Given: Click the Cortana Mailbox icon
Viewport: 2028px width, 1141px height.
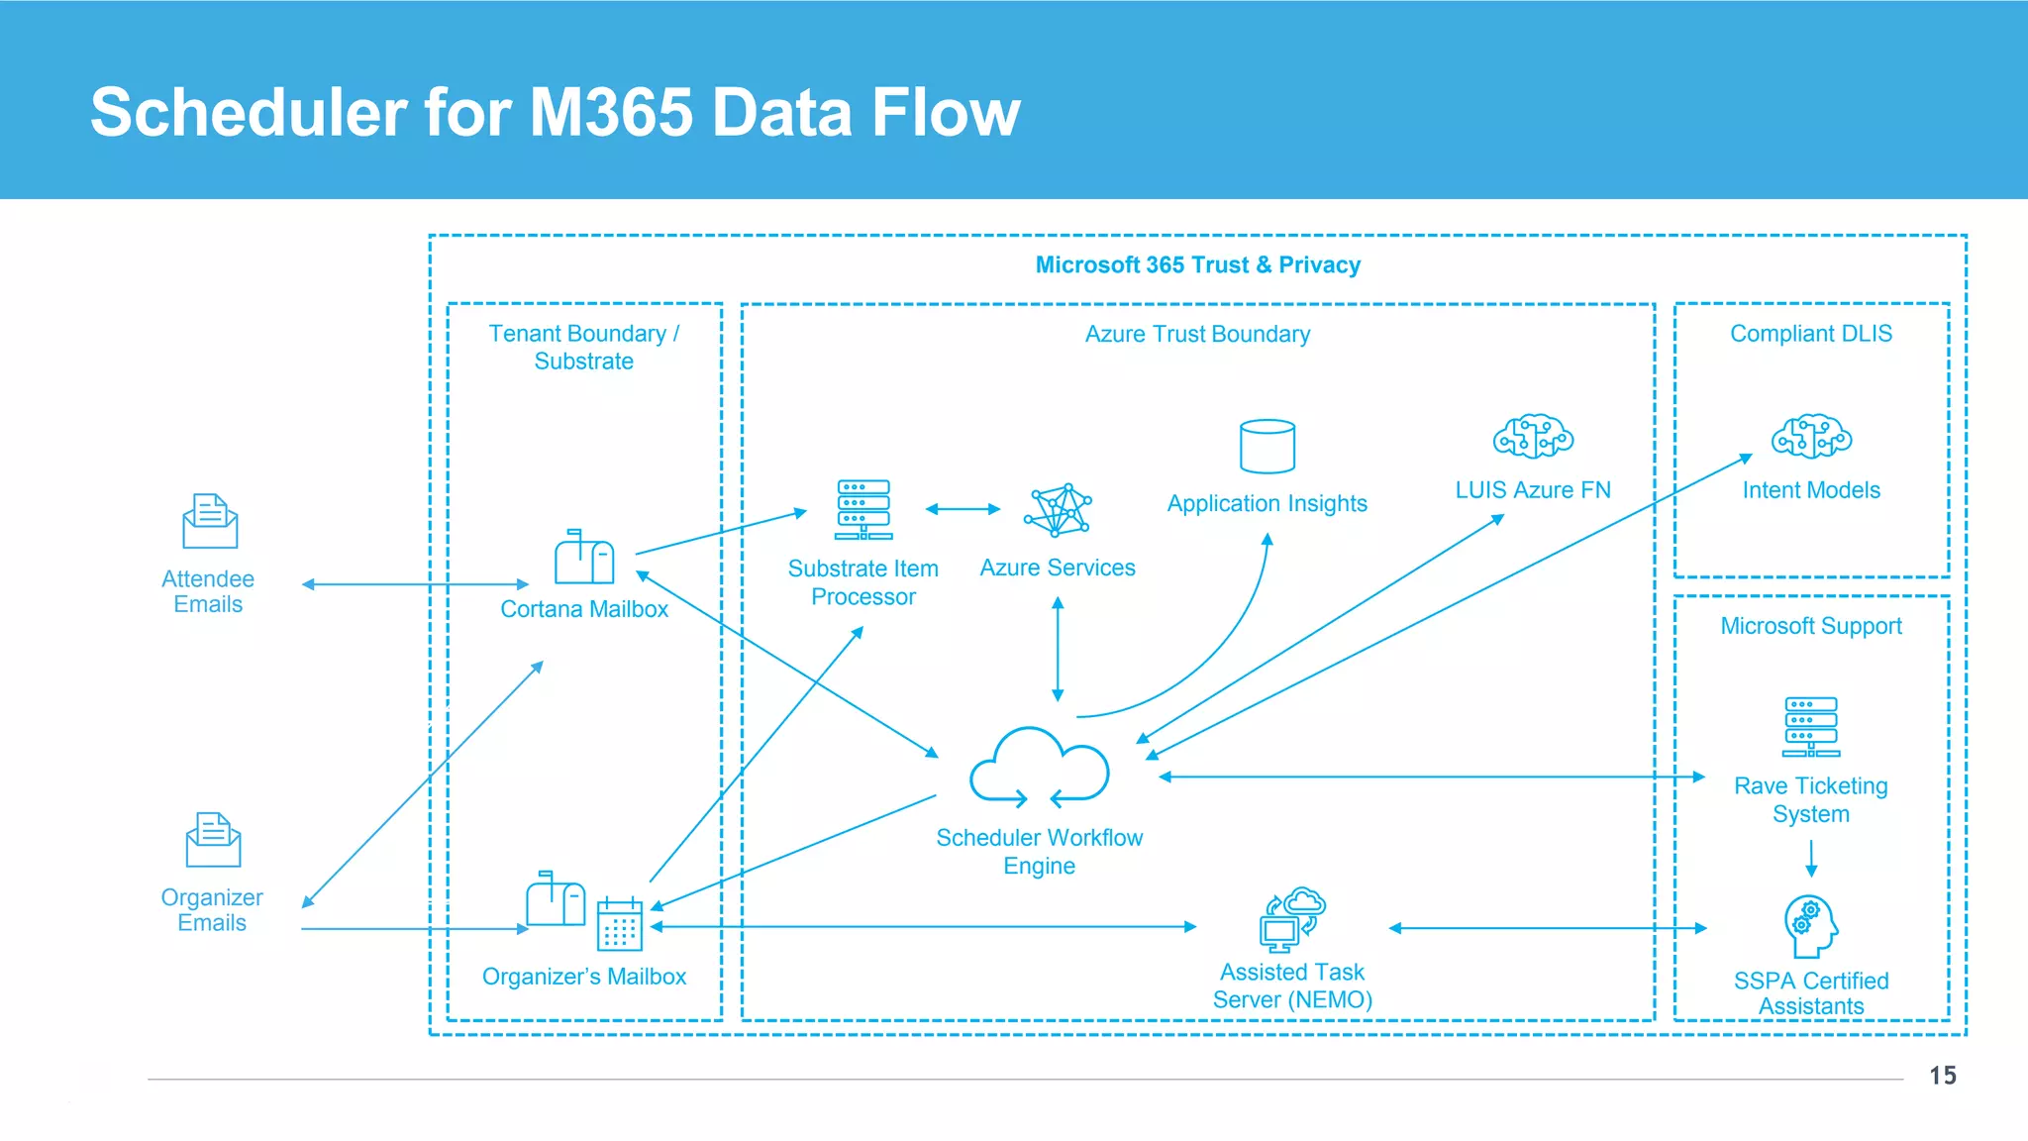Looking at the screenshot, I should pos(584,557).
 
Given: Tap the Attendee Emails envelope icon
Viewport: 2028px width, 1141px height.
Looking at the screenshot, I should pos(210,521).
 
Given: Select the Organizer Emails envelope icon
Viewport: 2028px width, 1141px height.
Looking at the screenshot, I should pos(213,840).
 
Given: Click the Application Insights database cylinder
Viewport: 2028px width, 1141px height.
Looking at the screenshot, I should pos(1267,447).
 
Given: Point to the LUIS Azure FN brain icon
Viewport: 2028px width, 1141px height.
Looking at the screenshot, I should pos(1533,437).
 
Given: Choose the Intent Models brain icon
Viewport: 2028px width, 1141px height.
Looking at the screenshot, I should pos(1811,437).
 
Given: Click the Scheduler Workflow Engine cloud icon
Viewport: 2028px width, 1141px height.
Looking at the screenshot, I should pos(1039,768).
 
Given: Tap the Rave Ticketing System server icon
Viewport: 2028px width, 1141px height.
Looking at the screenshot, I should pos(1811,727).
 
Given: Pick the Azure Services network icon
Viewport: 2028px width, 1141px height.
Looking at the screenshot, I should pos(1058,511).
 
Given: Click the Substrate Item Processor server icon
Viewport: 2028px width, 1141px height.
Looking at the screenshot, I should pos(863,510).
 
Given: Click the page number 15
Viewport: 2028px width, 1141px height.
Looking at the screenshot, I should pos(1942,1076).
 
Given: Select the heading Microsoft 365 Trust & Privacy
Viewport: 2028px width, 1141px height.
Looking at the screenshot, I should pos(1197,265).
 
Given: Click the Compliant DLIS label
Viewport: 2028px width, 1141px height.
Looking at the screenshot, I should pos(1810,334).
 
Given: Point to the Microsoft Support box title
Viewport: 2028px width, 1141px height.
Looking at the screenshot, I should pos(1810,626).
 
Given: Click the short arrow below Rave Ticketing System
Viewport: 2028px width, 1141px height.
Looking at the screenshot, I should pos(1811,858).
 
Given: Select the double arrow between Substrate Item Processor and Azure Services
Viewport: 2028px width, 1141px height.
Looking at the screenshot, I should pos(963,509).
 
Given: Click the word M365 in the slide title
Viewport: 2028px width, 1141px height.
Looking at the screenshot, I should pos(611,112).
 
